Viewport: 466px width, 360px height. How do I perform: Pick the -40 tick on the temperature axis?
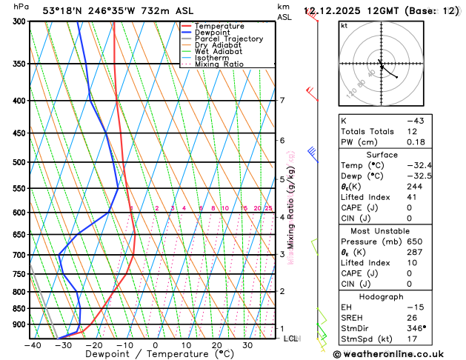[32, 345]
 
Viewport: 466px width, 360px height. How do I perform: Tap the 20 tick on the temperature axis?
[217, 345]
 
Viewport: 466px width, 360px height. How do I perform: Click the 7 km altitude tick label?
[282, 101]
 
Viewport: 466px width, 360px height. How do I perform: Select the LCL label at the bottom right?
[290, 339]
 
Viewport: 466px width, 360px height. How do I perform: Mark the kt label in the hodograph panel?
[344, 25]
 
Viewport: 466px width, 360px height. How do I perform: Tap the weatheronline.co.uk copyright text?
[398, 354]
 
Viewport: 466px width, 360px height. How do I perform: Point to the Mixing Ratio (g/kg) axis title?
[291, 207]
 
